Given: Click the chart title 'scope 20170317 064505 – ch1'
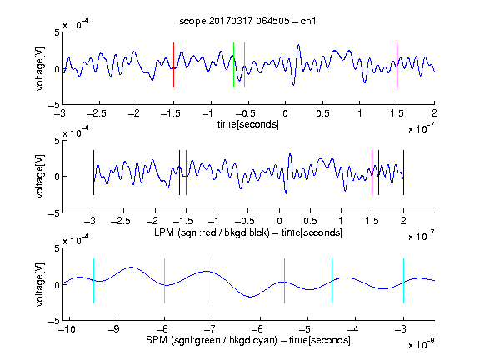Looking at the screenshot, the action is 247,21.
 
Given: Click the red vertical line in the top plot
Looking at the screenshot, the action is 174,65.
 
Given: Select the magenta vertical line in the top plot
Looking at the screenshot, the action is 397,65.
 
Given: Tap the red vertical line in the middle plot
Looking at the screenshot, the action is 186,172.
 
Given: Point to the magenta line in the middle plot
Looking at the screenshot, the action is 372,172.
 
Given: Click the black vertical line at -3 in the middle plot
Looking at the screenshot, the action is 93,172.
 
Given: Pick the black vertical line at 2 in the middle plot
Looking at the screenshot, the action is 403,172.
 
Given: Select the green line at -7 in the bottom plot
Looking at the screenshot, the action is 212,281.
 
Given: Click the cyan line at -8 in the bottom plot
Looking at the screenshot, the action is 165,281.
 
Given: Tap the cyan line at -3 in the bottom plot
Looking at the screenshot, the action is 403,281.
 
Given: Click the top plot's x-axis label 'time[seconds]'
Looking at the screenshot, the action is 248,124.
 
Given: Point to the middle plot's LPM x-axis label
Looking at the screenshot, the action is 248,232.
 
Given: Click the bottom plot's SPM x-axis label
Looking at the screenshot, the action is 248,340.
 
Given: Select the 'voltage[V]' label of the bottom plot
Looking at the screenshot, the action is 40,284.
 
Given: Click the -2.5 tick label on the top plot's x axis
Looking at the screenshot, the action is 97,113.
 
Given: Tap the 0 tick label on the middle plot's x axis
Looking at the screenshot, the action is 279,221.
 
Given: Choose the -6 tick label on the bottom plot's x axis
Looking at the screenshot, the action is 259,329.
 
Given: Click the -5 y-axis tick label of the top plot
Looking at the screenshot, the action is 54,105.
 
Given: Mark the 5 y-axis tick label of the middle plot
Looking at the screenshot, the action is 57,141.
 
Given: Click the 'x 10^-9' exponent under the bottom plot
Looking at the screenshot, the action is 421,344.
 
